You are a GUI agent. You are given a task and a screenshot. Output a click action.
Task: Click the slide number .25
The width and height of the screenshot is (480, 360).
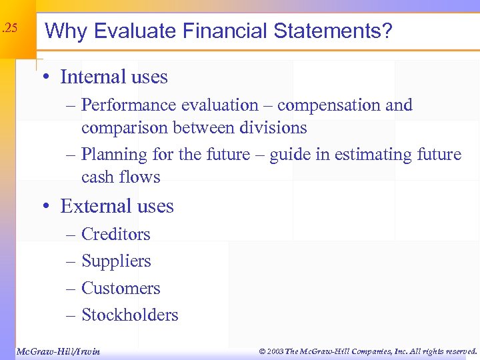pyautogui.click(x=9, y=29)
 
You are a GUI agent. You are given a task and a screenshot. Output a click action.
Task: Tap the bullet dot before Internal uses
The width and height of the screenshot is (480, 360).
pyautogui.click(x=47, y=77)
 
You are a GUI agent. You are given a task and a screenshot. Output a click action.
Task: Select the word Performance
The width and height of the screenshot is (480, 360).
pyautogui.click(x=126, y=105)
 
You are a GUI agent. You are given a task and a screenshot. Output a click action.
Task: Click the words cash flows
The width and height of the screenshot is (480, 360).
pyautogui.click(x=121, y=177)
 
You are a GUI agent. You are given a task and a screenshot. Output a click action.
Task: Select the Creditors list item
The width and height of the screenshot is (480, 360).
pyautogui.click(x=115, y=234)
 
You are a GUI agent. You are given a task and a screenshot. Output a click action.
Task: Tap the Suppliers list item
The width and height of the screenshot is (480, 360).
pyautogui.click(x=116, y=261)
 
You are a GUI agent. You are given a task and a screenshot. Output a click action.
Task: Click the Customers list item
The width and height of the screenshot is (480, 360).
pyautogui.click(x=121, y=288)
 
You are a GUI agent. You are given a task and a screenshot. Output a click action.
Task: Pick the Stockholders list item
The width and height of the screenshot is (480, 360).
pyautogui.click(x=129, y=315)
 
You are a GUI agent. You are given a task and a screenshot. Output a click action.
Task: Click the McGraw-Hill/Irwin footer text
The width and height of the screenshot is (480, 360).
pyautogui.click(x=57, y=351)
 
